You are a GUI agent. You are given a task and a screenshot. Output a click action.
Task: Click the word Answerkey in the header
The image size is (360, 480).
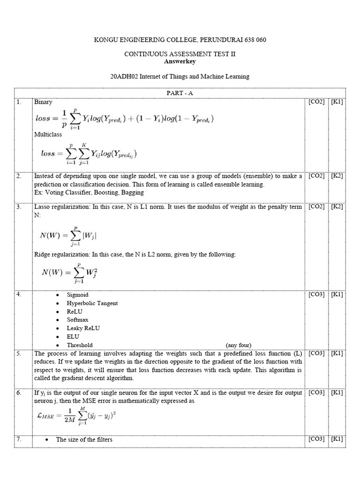point(180,61)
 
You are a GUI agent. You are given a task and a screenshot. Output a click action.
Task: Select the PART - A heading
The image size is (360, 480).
point(180,93)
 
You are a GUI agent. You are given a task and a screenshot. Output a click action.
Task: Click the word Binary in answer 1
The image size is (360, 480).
point(43,102)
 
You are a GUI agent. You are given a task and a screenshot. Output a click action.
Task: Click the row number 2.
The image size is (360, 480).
point(19,176)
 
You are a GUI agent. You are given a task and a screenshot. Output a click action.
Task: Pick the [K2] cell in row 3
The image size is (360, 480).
point(337,207)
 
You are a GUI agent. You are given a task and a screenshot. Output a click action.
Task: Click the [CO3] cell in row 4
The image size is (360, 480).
point(316,294)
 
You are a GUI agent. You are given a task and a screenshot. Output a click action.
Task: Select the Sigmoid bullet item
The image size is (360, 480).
point(77,295)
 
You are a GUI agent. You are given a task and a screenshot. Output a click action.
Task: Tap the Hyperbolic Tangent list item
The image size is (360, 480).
point(92,303)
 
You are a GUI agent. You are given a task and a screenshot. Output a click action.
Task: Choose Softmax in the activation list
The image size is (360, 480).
point(77,320)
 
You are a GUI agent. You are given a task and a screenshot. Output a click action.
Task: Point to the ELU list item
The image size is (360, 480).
point(73,337)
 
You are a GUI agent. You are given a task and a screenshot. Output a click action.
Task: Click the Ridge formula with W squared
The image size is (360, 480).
point(70,272)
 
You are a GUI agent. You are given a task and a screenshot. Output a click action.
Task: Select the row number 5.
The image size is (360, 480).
point(19,353)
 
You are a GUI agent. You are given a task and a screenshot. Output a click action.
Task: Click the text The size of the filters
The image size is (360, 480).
point(84,439)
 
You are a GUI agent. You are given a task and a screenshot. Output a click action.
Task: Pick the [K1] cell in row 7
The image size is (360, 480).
point(337,439)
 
